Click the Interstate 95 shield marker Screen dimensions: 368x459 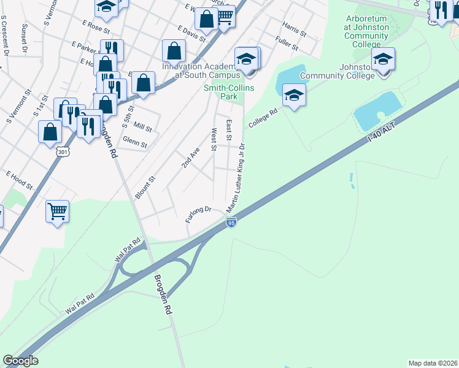pyautogui.click(x=231, y=224)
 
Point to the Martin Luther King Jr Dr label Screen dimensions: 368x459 pyautogui.click(x=236, y=178)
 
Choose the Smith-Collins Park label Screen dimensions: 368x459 pyautogui.click(x=228, y=92)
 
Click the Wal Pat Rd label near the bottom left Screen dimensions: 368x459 pyautogui.click(x=80, y=304)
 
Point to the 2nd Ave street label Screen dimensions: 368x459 pyautogui.click(x=190, y=158)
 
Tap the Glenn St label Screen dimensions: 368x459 pyautogui.click(x=135, y=142)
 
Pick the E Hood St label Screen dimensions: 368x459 pyautogui.click(x=19, y=179)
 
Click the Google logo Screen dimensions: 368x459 pyautogui.click(x=20, y=361)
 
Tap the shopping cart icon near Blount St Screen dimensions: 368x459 pyautogui.click(x=57, y=212)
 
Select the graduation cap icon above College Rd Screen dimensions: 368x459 pyautogui.click(x=295, y=95)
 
